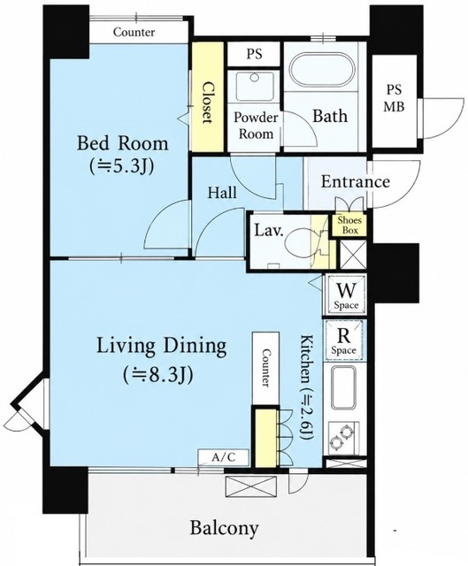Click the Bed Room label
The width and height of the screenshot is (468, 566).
122,144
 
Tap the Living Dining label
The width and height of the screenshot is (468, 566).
161,346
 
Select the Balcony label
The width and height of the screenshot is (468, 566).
224,529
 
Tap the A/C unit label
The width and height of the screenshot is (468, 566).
224,458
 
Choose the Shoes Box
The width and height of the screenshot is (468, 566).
349,225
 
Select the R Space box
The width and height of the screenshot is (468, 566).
344,340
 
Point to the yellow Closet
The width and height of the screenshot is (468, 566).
206,97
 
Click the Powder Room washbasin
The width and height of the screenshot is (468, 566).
254,86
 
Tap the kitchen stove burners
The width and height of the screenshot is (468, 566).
342,438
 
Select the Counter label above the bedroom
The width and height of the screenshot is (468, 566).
134,32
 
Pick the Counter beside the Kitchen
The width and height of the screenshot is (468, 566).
265,368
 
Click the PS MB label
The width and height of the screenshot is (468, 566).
394,98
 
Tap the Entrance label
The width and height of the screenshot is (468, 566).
356,181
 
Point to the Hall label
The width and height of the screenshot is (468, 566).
222,193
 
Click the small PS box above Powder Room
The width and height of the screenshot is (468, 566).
254,54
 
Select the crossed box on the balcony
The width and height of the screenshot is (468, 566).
251,487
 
